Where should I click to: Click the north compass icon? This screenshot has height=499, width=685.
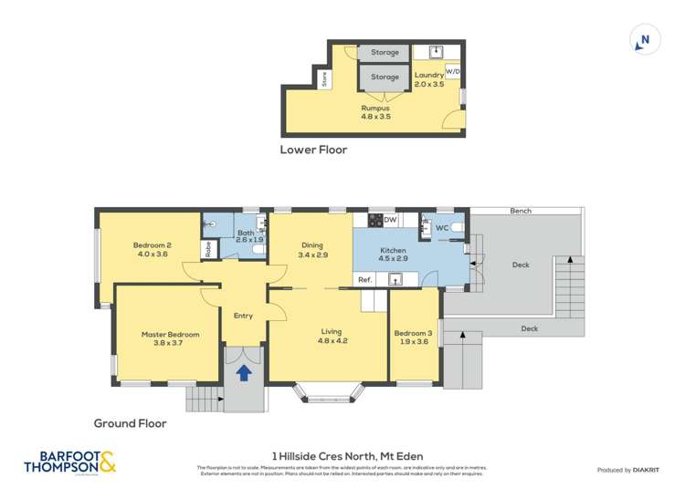[645, 40]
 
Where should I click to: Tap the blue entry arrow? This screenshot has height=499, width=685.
[244, 372]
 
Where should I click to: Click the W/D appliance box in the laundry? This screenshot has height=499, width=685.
[453, 71]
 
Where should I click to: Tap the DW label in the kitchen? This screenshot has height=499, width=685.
[390, 220]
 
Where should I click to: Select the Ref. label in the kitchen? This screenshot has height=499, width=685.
[364, 279]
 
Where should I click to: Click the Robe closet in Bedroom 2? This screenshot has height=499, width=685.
[208, 249]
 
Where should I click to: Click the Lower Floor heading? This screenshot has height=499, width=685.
[313, 150]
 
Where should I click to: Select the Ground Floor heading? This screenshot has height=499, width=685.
[130, 423]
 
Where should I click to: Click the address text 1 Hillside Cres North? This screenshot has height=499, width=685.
[348, 456]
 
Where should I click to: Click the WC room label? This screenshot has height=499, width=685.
[441, 227]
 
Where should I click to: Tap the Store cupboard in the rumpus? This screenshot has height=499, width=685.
[325, 79]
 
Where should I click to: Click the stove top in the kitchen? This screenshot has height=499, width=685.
[374, 220]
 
